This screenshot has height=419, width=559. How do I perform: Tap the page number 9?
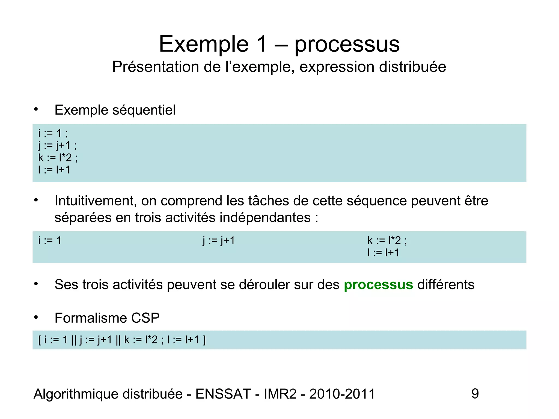click(475, 394)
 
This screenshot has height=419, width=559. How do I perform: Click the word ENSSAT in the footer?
click(223, 394)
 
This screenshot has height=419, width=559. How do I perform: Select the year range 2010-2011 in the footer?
click(342, 394)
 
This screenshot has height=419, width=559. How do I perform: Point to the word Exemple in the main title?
click(204, 44)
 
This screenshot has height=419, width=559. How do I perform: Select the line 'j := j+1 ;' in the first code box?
click(57, 146)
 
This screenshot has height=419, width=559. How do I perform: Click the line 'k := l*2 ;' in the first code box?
click(58, 158)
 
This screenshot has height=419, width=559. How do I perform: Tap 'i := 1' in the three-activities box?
click(50, 241)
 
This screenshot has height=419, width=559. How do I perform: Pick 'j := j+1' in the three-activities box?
click(219, 241)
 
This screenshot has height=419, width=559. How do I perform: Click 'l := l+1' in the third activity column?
click(383, 253)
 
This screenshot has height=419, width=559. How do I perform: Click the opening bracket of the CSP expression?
click(40, 340)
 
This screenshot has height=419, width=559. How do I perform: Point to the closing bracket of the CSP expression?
click(204, 340)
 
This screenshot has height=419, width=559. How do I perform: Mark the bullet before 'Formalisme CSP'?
click(36, 318)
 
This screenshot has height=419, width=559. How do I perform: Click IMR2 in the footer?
click(280, 394)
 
